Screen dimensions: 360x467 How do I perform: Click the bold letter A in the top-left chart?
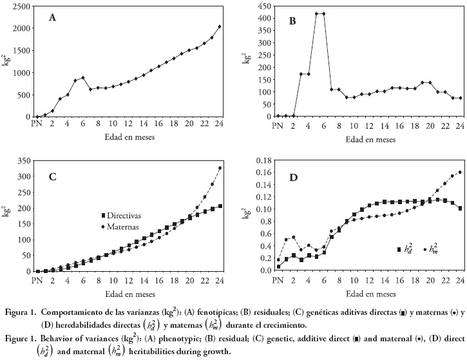[53, 17]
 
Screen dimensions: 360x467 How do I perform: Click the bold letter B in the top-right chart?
[292, 20]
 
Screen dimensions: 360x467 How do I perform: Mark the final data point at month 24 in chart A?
[220, 26]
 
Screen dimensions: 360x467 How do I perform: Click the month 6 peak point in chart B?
[323, 14]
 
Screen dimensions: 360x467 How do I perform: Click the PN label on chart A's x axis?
[37, 124]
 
